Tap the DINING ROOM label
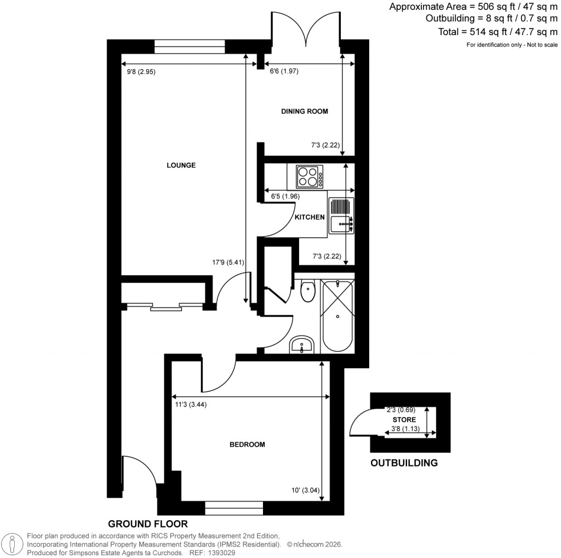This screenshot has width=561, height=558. click(x=304, y=111)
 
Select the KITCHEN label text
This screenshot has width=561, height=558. click(x=310, y=218)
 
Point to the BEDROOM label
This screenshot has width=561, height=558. click(x=247, y=445)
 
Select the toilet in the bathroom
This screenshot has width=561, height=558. click(x=308, y=291)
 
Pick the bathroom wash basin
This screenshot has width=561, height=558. click(x=301, y=345)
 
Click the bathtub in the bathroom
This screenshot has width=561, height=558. click(x=338, y=316)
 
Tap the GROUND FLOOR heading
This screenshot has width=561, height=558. click(x=147, y=523)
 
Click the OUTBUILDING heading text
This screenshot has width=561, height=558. click(x=404, y=463)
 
